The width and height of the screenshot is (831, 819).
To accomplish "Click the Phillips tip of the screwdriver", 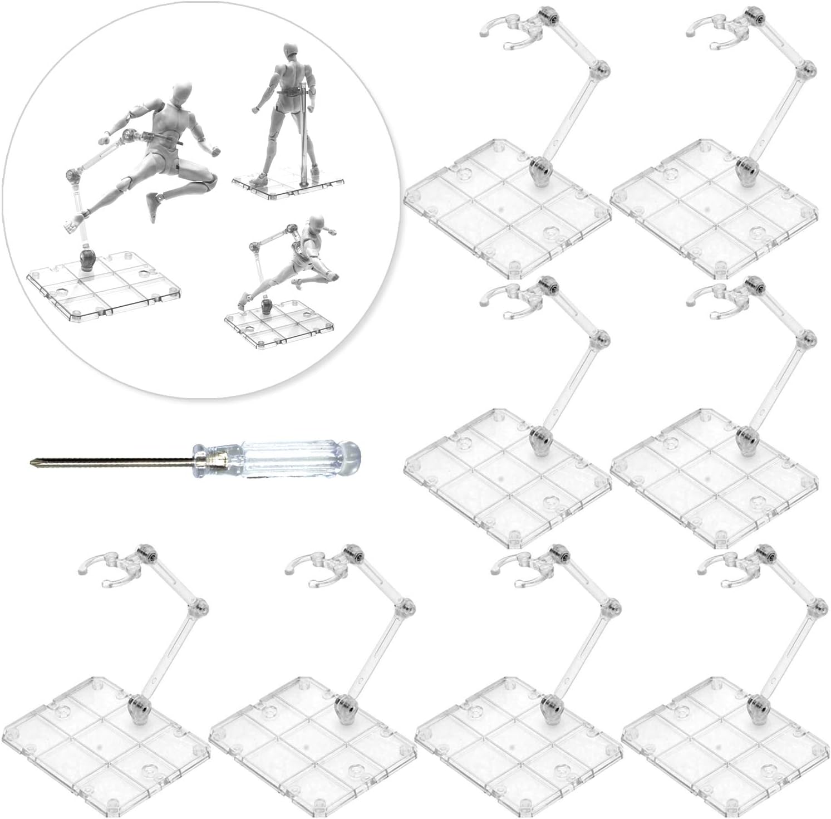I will tap(32, 461).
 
